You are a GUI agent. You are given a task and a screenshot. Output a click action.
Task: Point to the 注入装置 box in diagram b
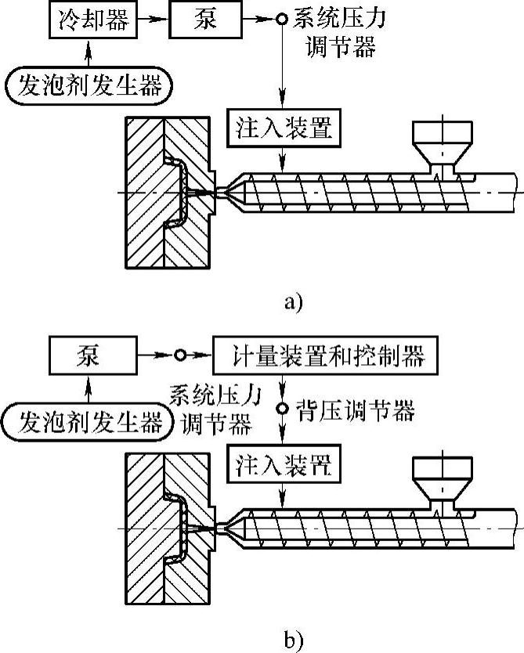(x=284, y=464)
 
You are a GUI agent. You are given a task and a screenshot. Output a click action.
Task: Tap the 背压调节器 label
(x=356, y=409)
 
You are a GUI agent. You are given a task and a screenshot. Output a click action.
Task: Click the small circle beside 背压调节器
(x=284, y=409)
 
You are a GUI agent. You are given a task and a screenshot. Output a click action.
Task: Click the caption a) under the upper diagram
(x=291, y=301)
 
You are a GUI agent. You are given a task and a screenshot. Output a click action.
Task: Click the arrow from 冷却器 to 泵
(x=154, y=20)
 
